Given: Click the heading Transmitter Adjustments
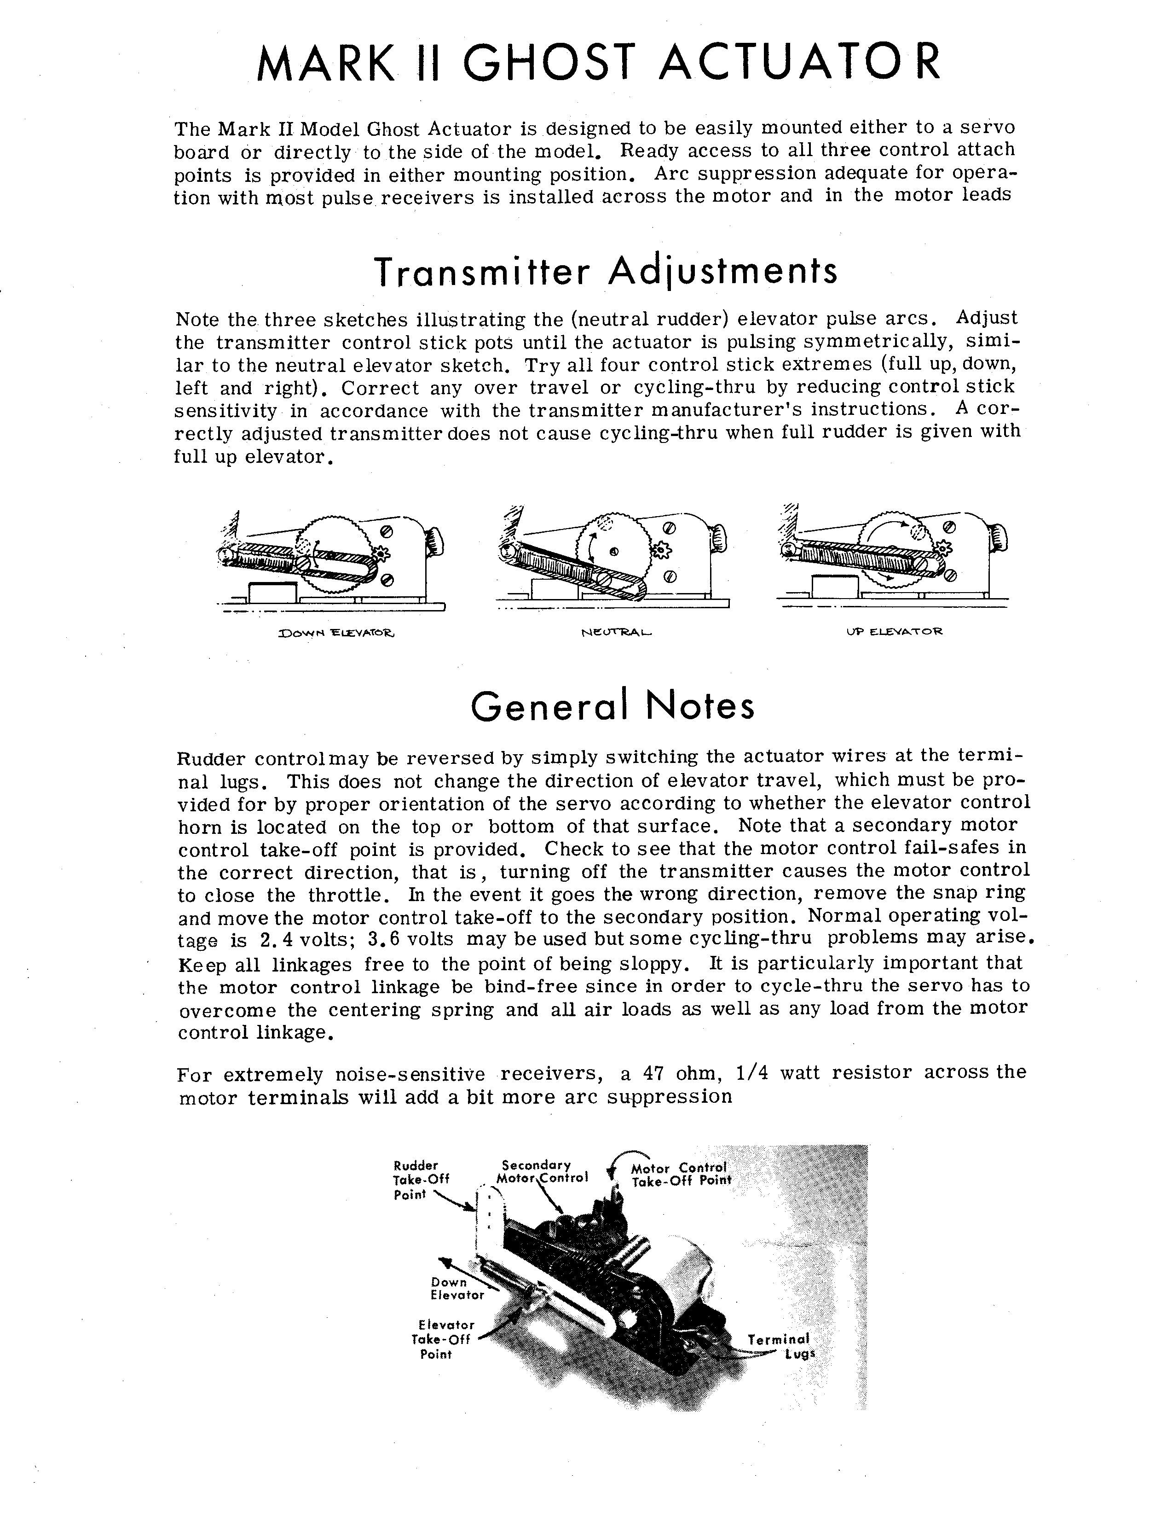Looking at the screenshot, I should pyautogui.click(x=607, y=271).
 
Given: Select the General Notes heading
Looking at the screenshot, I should pyautogui.click(x=613, y=707).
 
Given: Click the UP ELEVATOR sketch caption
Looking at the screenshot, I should pyautogui.click(x=894, y=632).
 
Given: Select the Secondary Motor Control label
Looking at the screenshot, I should pyautogui.click(x=543, y=1171).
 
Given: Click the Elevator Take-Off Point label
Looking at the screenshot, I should pyautogui.click(x=441, y=1339).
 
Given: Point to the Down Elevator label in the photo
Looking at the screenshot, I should pyautogui.click(x=456, y=1288).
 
